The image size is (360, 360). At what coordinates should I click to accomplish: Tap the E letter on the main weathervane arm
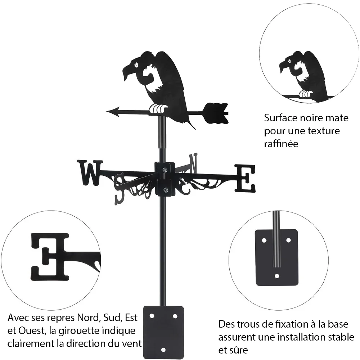245,179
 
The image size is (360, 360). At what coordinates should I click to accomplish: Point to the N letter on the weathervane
193,163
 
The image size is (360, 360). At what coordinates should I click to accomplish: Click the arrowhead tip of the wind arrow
107,112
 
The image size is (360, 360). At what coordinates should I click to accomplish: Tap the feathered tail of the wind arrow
216,113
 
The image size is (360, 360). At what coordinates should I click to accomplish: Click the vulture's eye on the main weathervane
136,64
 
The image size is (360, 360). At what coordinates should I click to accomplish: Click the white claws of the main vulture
158,109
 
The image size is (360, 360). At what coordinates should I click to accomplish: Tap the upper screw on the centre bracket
165,170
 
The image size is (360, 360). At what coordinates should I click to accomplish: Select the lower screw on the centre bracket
165,190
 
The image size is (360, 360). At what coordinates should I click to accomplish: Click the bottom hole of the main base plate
163,350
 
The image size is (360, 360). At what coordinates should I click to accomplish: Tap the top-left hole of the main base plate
152,316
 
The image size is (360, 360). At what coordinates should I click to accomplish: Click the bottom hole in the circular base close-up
277,276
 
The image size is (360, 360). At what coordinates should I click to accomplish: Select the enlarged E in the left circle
50,257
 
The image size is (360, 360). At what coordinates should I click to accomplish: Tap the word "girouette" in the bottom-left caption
79,331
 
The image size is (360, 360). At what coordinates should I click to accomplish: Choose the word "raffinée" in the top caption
281,144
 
